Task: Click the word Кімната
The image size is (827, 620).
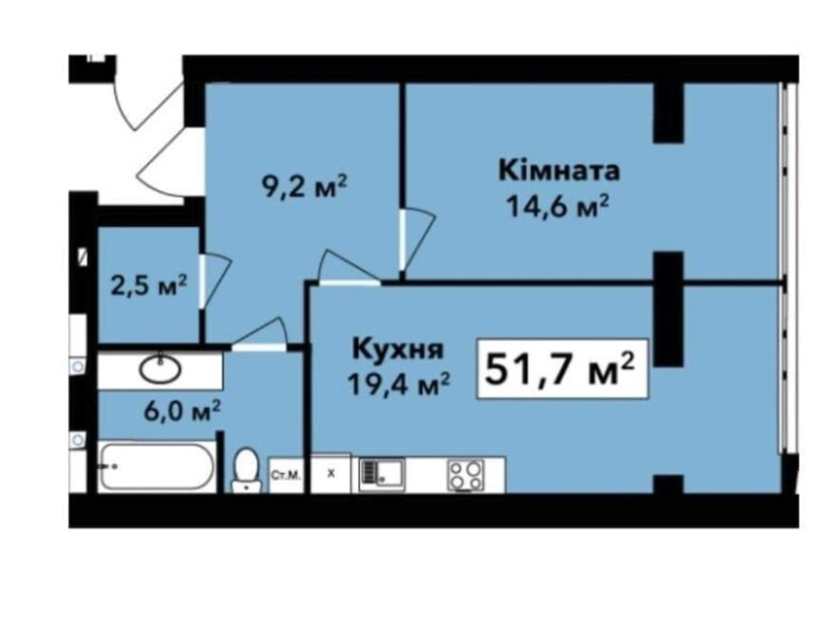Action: [x=559, y=172]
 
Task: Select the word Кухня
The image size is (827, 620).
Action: [x=398, y=349]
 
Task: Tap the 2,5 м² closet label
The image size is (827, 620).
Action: [x=148, y=285]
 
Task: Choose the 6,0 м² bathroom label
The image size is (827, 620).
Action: [x=182, y=411]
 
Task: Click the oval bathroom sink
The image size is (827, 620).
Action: [x=160, y=369]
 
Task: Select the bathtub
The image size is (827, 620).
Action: [x=157, y=467]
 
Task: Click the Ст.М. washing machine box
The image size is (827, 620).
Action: [x=286, y=475]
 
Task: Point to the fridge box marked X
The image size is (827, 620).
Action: [x=331, y=473]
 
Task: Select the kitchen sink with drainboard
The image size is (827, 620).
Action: [x=382, y=475]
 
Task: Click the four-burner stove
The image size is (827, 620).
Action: [x=466, y=475]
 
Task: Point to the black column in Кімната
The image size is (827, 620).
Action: [x=668, y=113]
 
